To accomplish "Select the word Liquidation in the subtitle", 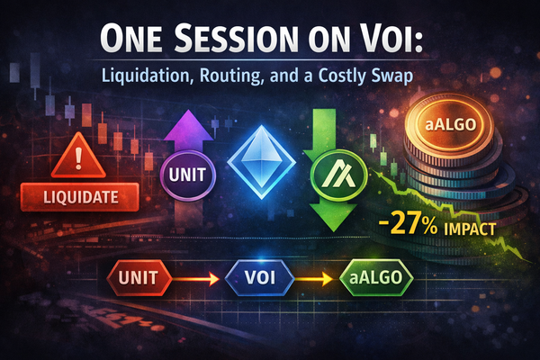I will click(x=166, y=77).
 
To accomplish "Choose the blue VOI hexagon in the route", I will click(x=257, y=278).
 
